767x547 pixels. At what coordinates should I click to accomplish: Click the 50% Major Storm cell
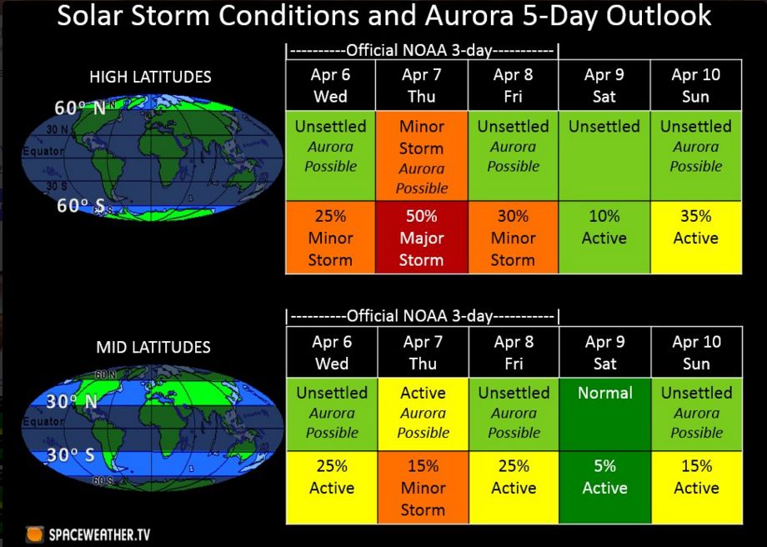(422, 238)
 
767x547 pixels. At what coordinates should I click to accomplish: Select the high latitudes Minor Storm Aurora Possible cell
(422, 156)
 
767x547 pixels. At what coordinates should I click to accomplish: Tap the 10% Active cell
(604, 238)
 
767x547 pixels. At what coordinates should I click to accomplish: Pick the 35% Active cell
(696, 238)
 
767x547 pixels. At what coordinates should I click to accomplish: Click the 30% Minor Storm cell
(513, 238)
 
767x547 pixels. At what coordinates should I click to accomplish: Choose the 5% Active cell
(605, 487)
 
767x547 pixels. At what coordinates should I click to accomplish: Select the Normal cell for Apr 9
(605, 414)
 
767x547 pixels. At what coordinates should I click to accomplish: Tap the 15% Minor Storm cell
(424, 487)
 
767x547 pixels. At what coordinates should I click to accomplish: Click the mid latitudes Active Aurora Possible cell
(424, 414)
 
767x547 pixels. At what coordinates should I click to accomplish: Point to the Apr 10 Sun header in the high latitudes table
(696, 85)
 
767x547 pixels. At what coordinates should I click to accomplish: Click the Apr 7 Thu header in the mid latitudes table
(424, 352)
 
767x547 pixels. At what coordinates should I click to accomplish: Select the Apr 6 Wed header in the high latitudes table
(331, 85)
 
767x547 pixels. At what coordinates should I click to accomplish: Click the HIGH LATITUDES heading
(150, 77)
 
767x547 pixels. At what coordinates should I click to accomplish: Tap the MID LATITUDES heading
(153, 347)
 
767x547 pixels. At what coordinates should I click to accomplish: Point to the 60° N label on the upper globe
(80, 108)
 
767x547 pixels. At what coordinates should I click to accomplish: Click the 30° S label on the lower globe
(70, 454)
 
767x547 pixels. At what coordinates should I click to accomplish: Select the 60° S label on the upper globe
(80, 205)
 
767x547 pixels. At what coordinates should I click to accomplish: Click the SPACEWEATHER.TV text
(99, 534)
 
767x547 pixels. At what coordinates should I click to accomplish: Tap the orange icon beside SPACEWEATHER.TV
(34, 534)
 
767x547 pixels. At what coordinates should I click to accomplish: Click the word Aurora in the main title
(469, 15)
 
